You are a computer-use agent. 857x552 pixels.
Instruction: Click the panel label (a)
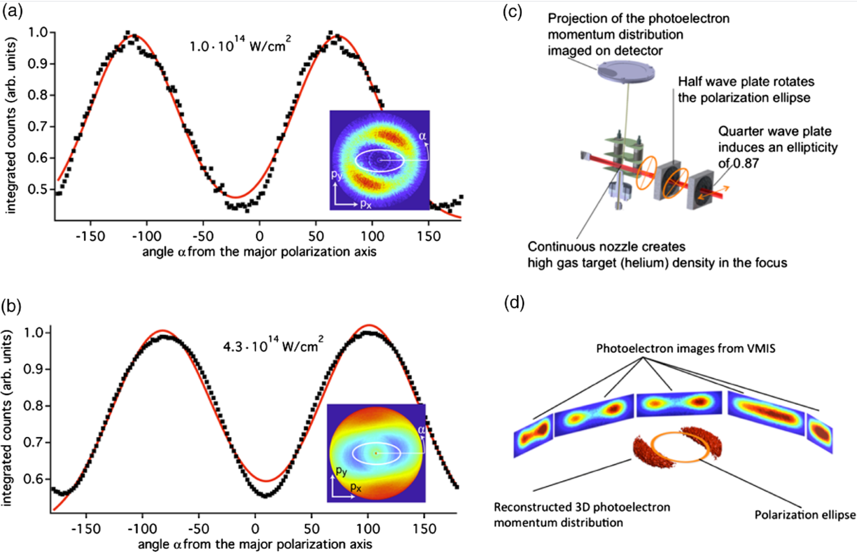[x=13, y=11]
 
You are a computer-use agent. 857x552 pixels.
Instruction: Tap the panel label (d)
[x=514, y=303]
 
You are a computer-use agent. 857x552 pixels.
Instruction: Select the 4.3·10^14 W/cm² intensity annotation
[x=272, y=345]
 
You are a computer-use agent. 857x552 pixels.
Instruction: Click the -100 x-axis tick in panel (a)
[x=146, y=236]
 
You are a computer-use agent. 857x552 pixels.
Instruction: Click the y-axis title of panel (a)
[x=11, y=126]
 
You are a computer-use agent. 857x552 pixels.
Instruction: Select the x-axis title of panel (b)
[x=255, y=544]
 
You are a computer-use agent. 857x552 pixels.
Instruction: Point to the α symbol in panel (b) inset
[x=421, y=429]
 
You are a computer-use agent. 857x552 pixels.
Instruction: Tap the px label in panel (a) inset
[x=366, y=204]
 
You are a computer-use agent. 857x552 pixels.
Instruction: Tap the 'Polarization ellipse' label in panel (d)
[x=805, y=515]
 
